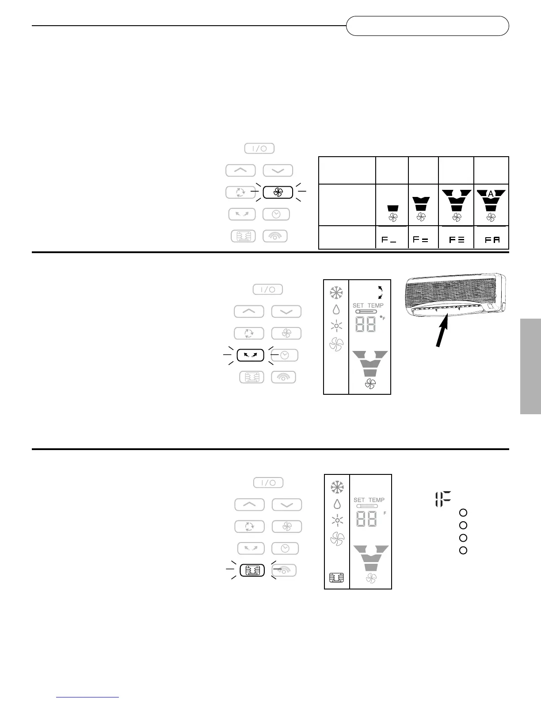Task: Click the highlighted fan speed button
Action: coord(278,192)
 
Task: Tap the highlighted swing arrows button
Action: coord(250,355)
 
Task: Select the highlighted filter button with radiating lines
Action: coord(252,570)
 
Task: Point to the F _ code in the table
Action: coord(389,239)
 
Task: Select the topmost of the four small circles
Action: coord(463,512)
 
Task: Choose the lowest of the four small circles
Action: coord(463,551)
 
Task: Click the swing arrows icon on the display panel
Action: coord(380,292)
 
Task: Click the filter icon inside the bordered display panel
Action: coord(336,578)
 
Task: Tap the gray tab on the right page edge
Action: coord(530,366)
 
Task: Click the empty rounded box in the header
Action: coord(427,26)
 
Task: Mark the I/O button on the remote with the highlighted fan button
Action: coord(259,148)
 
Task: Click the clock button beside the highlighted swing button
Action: coord(286,355)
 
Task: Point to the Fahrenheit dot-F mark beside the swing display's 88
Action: coord(382,318)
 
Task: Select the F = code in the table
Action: coord(420,239)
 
